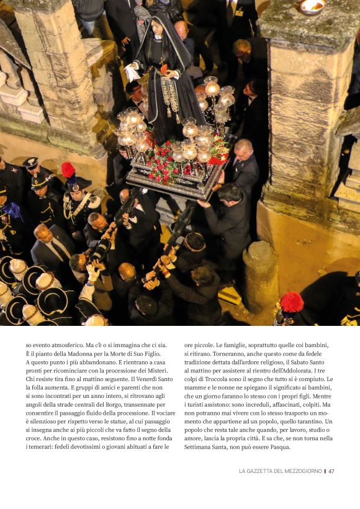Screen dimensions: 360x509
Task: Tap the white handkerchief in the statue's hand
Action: (132, 72)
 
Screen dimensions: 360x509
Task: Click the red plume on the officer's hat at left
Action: (68, 169)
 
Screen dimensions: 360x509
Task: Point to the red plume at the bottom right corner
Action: (291, 302)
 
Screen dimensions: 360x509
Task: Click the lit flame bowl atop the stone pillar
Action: (312, 7)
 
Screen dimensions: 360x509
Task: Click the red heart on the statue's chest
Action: (164, 69)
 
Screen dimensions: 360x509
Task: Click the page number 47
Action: (331, 471)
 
